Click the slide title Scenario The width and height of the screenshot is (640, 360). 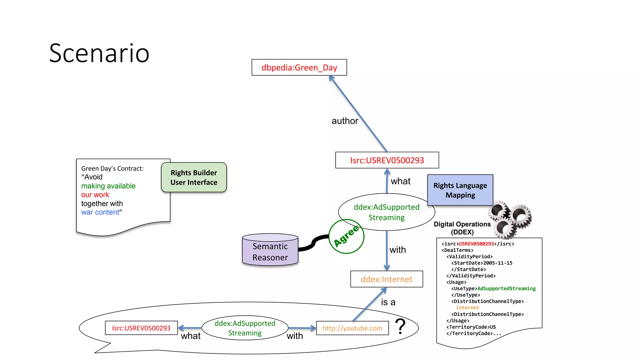tap(99, 53)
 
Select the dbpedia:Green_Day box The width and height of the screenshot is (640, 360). tap(299, 67)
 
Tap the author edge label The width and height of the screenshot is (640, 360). tap(345, 121)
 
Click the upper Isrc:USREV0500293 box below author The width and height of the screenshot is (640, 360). tap(387, 160)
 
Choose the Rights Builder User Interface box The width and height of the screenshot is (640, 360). tap(194, 177)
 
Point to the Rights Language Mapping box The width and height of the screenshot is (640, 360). tap(460, 190)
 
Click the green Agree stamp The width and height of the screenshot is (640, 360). tap(346, 237)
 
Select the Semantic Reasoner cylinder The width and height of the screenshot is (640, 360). tap(270, 252)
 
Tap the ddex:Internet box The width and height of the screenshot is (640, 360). tap(387, 279)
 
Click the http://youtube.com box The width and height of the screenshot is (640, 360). tap(352, 328)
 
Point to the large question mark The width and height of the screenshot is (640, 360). tap(400, 326)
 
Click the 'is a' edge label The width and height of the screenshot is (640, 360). tap(388, 302)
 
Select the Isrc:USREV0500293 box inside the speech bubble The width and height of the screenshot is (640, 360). tap(141, 328)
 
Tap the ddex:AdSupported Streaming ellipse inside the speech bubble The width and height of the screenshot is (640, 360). tap(245, 328)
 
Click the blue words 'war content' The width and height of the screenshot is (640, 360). tap(100, 212)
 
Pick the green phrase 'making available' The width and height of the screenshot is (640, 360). tap(108, 186)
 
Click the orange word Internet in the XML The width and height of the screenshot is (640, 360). tap(467, 308)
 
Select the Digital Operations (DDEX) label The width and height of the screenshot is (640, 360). tap(462, 228)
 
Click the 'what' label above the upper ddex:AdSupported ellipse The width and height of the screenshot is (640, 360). tap(401, 181)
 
